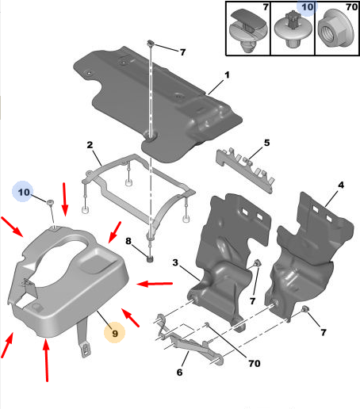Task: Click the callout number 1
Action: pyautogui.click(x=227, y=75)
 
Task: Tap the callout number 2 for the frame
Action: pyautogui.click(x=90, y=145)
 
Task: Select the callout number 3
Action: pyautogui.click(x=175, y=262)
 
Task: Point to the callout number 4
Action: pyautogui.click(x=341, y=185)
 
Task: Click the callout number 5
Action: pyautogui.click(x=266, y=143)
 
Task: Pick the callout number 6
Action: pyautogui.click(x=179, y=373)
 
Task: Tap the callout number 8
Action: pyautogui.click(x=128, y=241)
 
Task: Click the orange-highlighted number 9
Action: pyautogui.click(x=115, y=333)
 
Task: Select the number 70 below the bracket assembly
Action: pyautogui.click(x=255, y=364)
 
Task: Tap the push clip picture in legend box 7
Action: pyautogui.click(x=247, y=30)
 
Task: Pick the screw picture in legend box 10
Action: pyautogui.click(x=293, y=30)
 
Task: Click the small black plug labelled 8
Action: pyautogui.click(x=150, y=259)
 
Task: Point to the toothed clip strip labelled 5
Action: pyautogui.click(x=246, y=170)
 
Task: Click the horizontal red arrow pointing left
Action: pyautogui.click(x=155, y=284)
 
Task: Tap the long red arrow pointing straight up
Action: pyautogui.click(x=46, y=360)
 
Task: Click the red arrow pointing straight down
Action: pyautogui.click(x=64, y=199)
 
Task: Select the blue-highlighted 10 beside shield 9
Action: pyautogui.click(x=24, y=192)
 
